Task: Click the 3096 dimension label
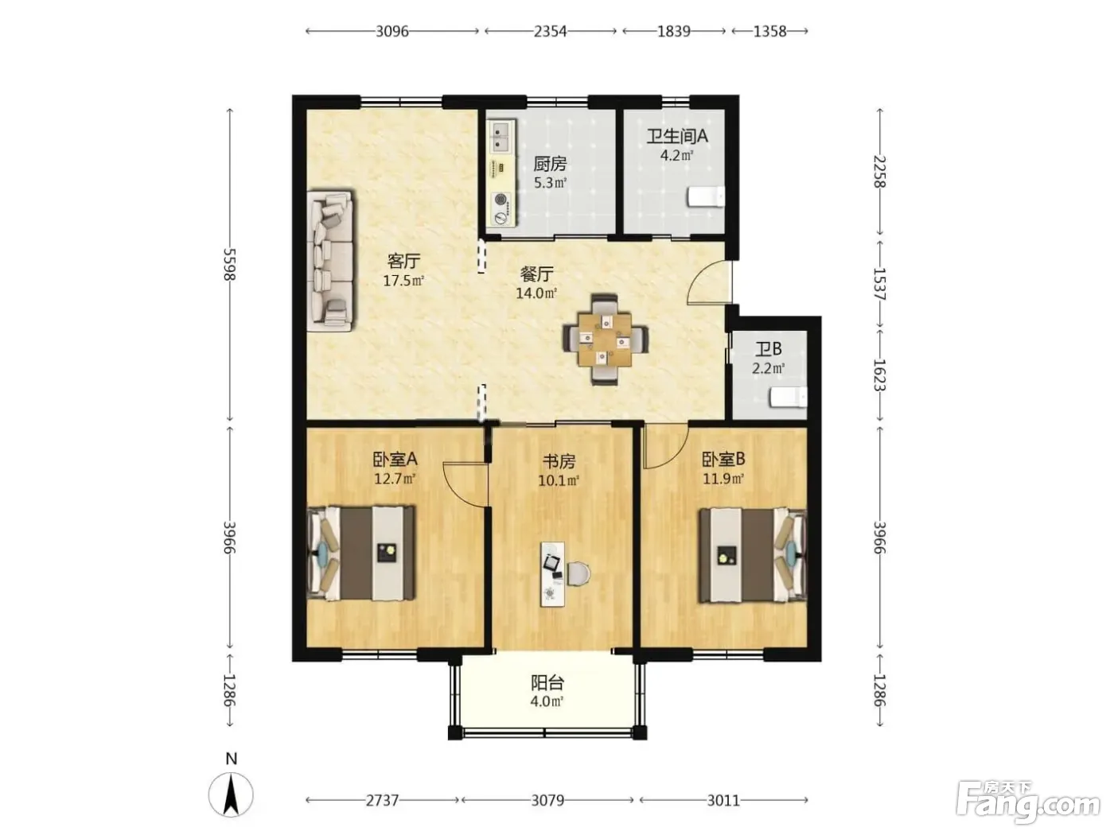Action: pyautogui.click(x=391, y=32)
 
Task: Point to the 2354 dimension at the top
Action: pyautogui.click(x=550, y=32)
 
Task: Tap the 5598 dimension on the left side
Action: pyautogui.click(x=230, y=264)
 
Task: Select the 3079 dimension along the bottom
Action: pyautogui.click(x=547, y=800)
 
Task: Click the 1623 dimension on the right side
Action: pyautogui.click(x=879, y=375)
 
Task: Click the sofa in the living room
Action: pyautogui.click(x=330, y=261)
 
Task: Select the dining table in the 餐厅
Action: pyautogui.click(x=605, y=340)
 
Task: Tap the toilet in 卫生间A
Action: pyautogui.click(x=706, y=196)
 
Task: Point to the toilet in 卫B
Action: pyautogui.click(x=789, y=397)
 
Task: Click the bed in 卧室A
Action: pyautogui.click(x=361, y=553)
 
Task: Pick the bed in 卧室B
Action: pyautogui.click(x=753, y=556)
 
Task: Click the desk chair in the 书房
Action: pyautogui.click(x=578, y=573)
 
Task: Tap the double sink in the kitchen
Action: pyautogui.click(x=501, y=137)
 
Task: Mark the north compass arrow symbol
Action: pyautogui.click(x=231, y=794)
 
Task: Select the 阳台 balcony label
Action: pyautogui.click(x=547, y=683)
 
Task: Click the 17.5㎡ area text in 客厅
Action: pyautogui.click(x=403, y=281)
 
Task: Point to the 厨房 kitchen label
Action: pyautogui.click(x=550, y=164)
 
